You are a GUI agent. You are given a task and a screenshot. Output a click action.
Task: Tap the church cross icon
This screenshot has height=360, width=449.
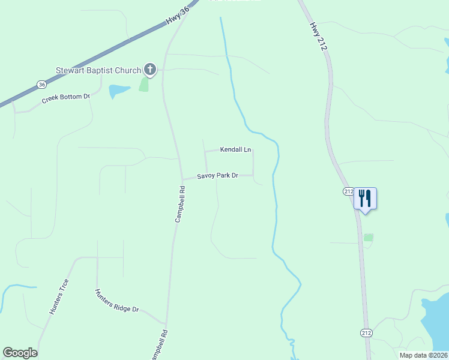(149, 70)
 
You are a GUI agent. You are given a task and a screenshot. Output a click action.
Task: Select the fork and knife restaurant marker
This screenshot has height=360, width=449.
(365, 198)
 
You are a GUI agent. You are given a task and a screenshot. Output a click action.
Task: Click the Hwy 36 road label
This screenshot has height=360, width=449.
(173, 20)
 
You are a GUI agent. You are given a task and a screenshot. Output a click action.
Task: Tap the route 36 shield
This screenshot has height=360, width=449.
(41, 83)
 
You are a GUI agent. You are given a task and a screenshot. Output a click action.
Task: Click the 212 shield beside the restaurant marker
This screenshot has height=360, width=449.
(349, 191)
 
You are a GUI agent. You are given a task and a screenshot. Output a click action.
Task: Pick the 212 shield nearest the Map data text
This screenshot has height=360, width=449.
(366, 332)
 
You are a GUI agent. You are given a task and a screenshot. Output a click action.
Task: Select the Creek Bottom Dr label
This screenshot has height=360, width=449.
(65, 99)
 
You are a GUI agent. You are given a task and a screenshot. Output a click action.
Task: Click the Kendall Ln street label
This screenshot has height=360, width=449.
(235, 149)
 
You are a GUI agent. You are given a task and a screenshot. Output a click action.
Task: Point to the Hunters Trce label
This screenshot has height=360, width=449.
(59, 298)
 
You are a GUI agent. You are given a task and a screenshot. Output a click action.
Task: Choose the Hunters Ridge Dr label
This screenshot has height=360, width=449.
(117, 301)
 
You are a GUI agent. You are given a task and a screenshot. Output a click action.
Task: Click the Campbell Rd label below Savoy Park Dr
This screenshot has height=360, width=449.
(180, 204)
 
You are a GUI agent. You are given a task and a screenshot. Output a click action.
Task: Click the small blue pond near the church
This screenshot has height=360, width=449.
(118, 91)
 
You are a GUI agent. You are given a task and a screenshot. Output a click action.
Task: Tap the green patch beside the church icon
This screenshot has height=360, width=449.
(144, 85)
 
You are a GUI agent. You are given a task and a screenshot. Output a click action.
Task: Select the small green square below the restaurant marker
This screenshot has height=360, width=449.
(369, 238)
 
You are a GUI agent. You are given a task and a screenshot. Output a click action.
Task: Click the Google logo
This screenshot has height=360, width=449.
(20, 353)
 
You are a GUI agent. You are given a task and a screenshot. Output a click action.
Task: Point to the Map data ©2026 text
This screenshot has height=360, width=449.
(423, 355)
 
